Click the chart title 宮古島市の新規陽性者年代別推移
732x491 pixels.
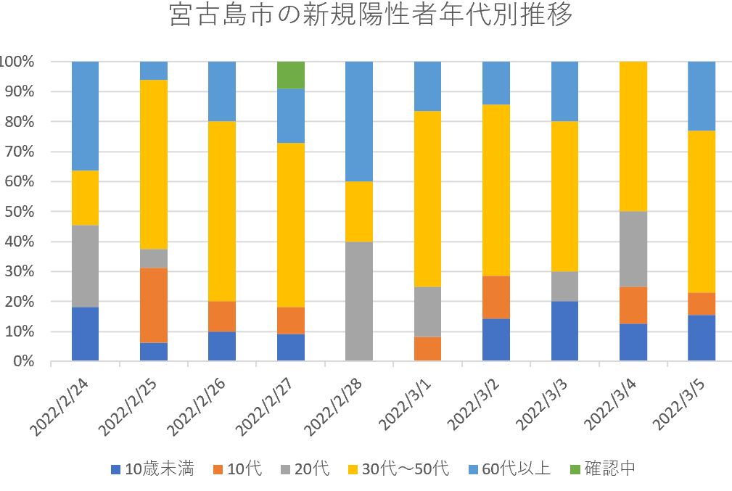click(x=371, y=15)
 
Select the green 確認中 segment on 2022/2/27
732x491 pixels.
click(x=291, y=75)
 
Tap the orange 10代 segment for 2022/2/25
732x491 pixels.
click(x=154, y=305)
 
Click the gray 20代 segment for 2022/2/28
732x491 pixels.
click(x=359, y=301)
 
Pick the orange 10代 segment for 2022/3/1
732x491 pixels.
click(x=427, y=349)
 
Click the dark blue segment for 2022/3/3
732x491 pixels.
click(x=564, y=331)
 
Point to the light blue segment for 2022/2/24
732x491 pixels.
click(x=85, y=116)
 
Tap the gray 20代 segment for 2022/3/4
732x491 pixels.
click(x=633, y=249)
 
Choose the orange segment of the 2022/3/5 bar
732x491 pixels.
click(x=702, y=303)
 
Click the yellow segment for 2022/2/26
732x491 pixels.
click(x=222, y=211)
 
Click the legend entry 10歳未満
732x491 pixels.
click(x=152, y=469)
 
